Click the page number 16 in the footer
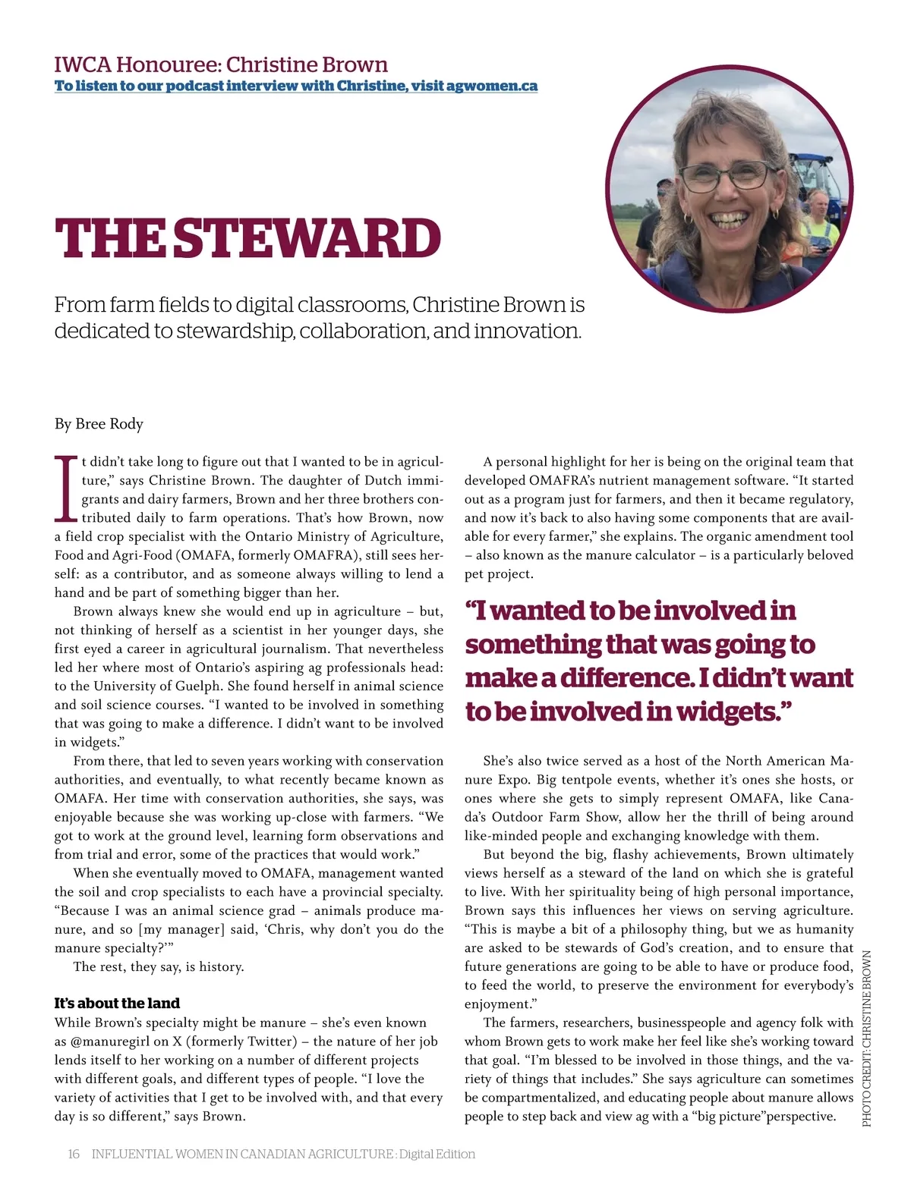(x=74, y=1154)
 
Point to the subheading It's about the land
(x=117, y=1003)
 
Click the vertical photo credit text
(x=867, y=1038)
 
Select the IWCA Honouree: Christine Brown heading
(x=221, y=64)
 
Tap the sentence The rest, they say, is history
(x=159, y=966)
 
